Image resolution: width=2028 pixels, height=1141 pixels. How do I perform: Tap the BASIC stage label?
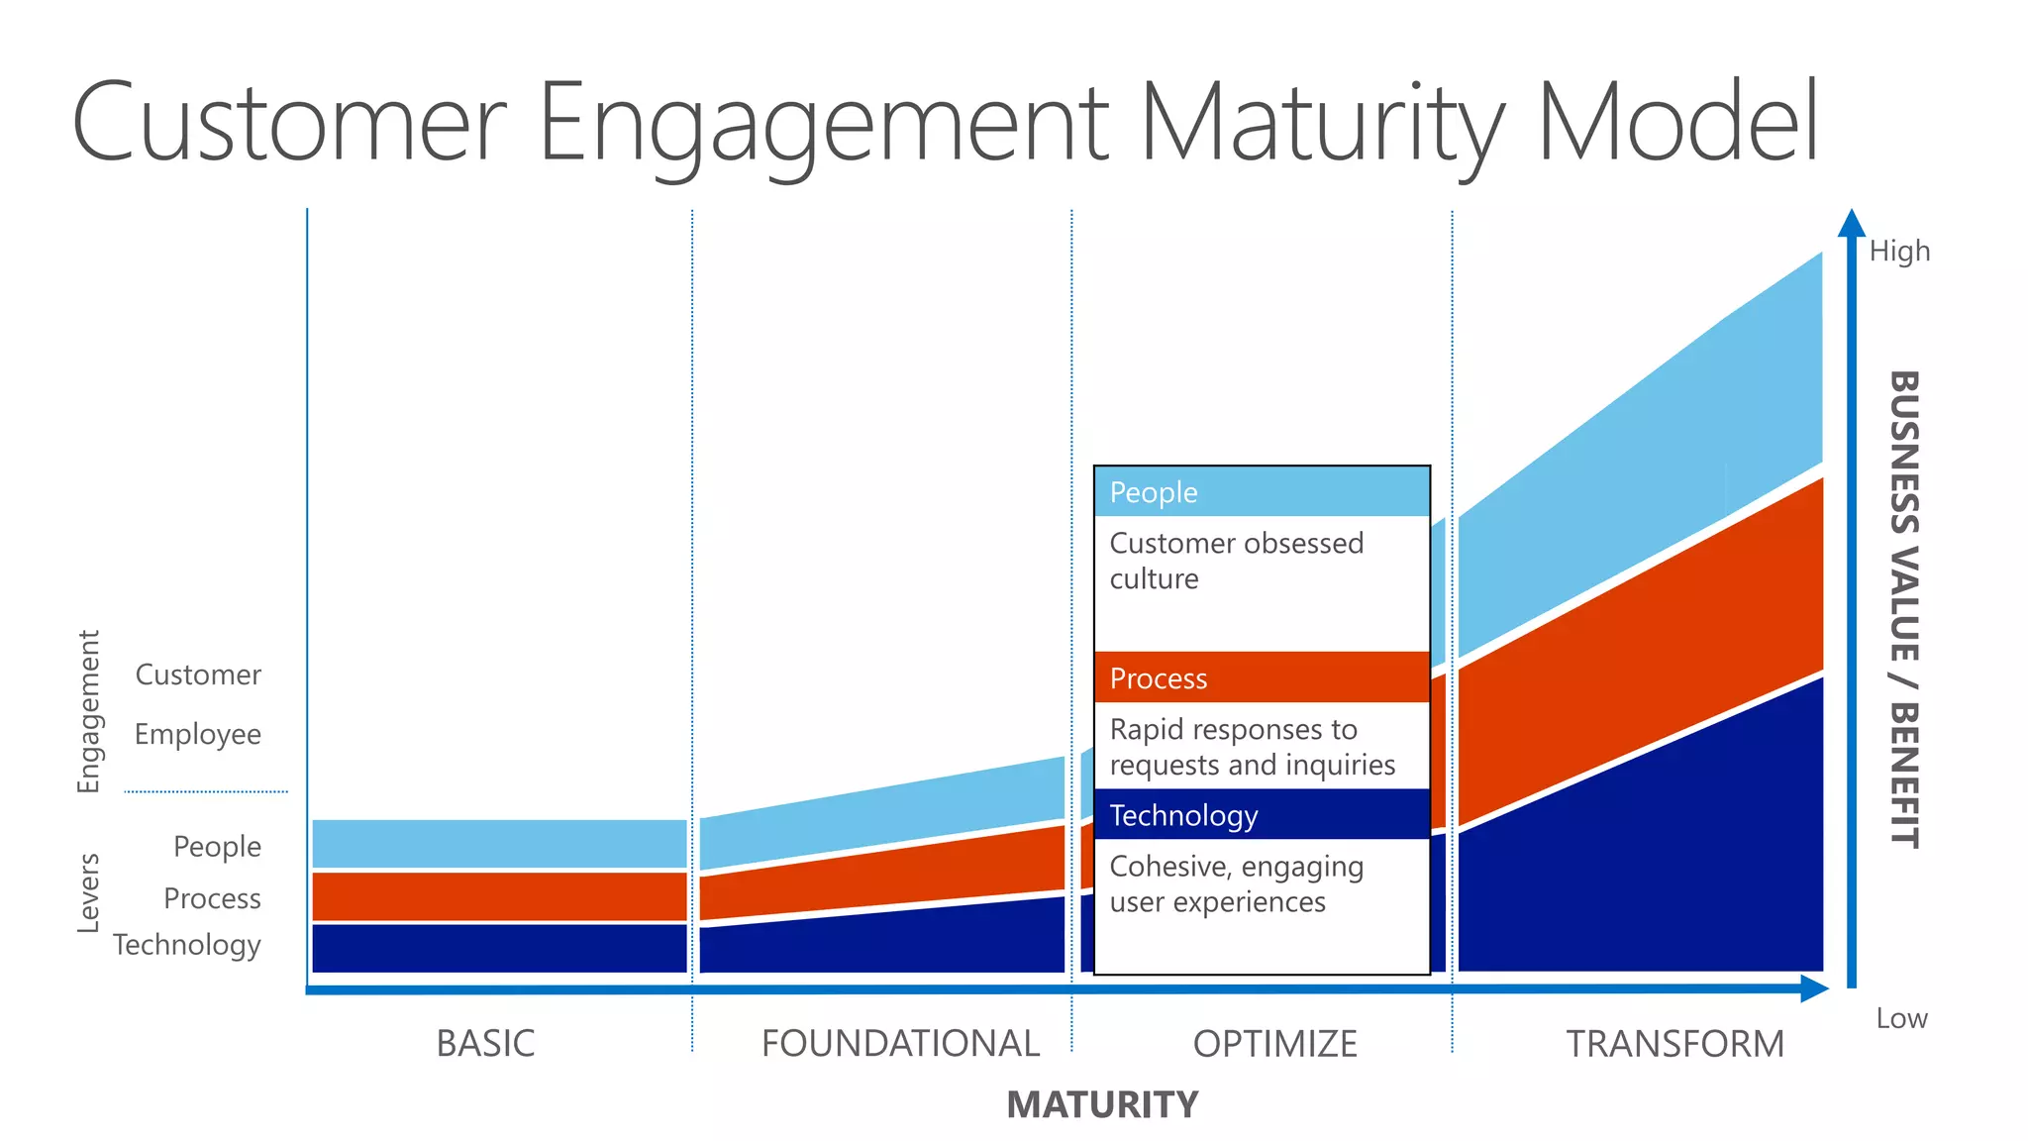point(485,1043)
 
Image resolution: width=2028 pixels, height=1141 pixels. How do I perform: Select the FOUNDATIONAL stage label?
point(899,1043)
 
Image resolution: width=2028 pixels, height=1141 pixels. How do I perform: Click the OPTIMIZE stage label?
point(1274,1043)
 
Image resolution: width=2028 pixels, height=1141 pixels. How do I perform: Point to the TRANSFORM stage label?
point(1674,1043)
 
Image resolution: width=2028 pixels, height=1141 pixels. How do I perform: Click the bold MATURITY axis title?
point(1102,1104)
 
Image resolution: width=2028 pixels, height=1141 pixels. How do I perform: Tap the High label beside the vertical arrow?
point(1899,251)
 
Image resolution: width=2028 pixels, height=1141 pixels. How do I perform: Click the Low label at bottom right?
point(1901,1018)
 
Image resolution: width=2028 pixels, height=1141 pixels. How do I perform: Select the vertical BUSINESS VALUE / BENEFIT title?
point(1904,608)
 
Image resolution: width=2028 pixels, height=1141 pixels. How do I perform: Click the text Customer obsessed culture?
point(1236,561)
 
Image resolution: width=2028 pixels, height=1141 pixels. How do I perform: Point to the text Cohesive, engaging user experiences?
point(1236,883)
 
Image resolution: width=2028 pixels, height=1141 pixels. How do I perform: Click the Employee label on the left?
point(197,734)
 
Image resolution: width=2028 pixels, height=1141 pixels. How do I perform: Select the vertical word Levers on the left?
point(88,892)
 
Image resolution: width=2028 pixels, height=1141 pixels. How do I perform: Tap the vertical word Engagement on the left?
point(88,711)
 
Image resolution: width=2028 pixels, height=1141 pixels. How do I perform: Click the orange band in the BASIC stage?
point(499,896)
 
